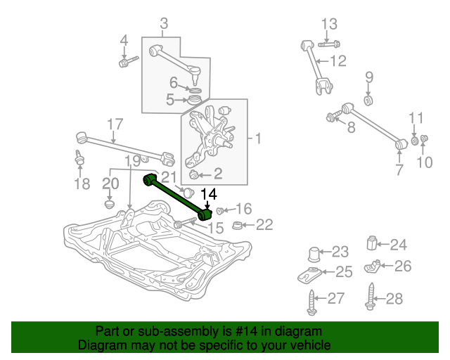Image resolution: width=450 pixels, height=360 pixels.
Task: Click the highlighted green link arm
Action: [x=177, y=197]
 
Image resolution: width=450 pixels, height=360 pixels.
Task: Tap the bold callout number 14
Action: [x=209, y=194]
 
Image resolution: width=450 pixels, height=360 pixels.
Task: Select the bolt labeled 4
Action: [x=128, y=62]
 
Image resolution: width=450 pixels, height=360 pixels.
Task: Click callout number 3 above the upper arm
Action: [x=164, y=23]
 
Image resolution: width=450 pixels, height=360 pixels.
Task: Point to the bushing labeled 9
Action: [x=368, y=101]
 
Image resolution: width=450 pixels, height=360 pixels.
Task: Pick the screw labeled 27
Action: [x=312, y=302]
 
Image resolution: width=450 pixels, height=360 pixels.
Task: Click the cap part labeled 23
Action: [x=314, y=254]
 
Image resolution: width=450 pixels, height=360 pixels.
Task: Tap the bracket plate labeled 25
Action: [x=309, y=275]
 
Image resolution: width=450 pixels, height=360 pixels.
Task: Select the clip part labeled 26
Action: [x=372, y=266]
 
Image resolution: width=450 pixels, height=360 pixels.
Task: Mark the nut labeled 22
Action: [x=237, y=226]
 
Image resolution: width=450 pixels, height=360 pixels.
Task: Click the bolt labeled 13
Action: [x=329, y=44]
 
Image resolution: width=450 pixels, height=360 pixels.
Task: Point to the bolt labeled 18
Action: [x=79, y=157]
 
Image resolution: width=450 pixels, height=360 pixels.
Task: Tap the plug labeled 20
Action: [x=110, y=205]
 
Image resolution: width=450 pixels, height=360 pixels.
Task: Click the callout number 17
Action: [x=115, y=124]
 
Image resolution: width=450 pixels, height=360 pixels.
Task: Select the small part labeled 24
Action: [x=372, y=243]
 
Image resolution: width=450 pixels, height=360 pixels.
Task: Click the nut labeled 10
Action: [x=423, y=139]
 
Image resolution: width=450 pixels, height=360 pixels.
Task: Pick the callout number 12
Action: [x=338, y=61]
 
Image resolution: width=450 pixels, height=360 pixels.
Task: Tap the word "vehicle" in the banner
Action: [x=311, y=345]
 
